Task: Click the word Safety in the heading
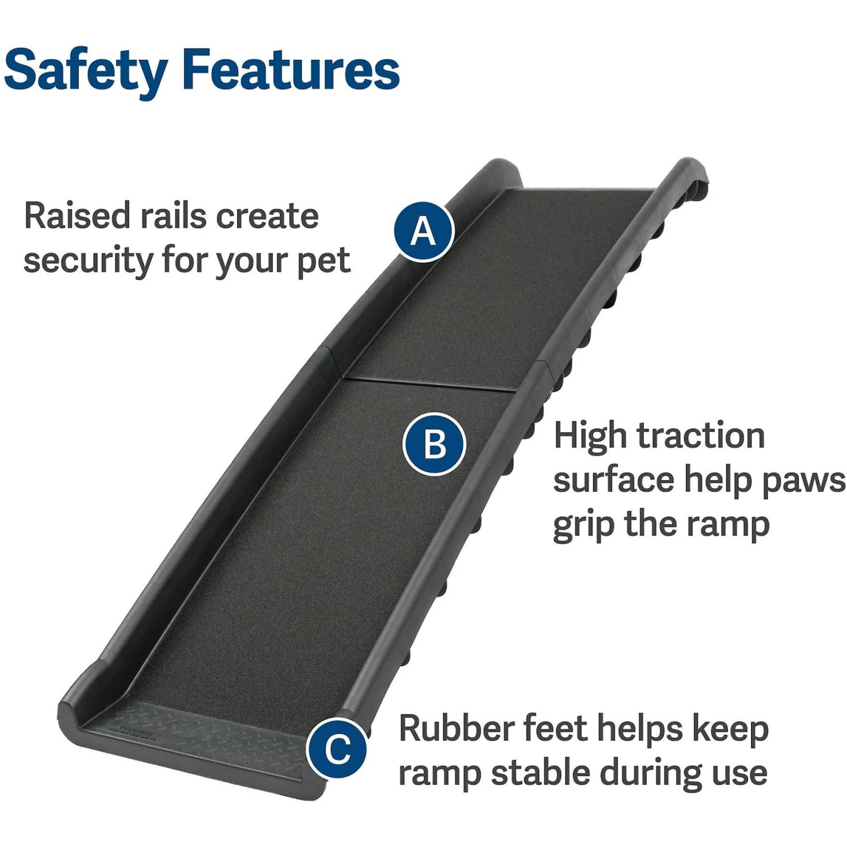pos(85,71)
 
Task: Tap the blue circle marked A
pos(423,232)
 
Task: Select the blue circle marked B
pos(434,444)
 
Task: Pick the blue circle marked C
pos(337,749)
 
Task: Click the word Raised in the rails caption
pos(77,216)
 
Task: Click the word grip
pos(583,525)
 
